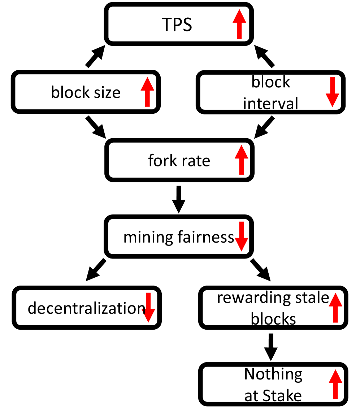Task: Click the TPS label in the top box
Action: click(x=177, y=25)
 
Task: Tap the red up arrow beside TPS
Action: click(x=239, y=24)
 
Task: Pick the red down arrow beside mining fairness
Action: click(x=241, y=236)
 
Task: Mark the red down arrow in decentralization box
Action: click(x=148, y=307)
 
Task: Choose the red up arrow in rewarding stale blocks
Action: click(x=335, y=307)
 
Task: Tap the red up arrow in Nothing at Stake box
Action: click(x=335, y=385)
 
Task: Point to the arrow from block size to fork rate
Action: click(x=95, y=127)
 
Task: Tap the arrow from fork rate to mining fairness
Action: click(x=178, y=199)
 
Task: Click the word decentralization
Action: click(x=86, y=308)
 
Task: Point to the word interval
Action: click(x=270, y=104)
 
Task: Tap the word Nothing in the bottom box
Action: click(x=273, y=374)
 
